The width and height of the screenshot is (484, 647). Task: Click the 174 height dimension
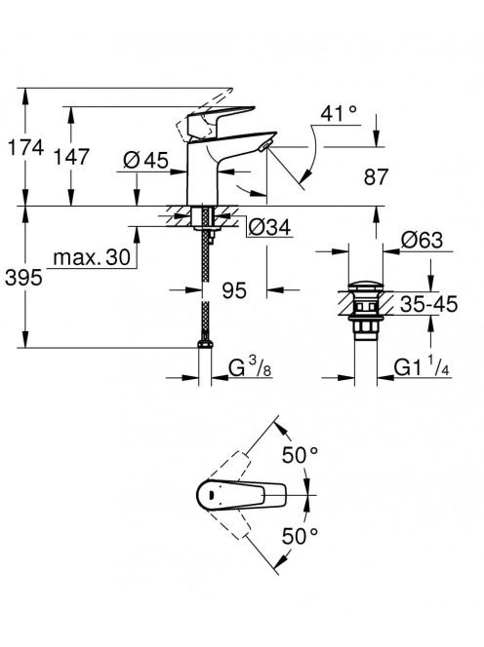click(25, 148)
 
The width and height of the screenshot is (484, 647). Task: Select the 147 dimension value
click(72, 157)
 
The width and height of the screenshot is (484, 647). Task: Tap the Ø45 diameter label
click(145, 160)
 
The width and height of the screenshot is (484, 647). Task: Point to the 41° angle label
click(339, 113)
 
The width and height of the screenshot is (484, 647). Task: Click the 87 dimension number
click(376, 177)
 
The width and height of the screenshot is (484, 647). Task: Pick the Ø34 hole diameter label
click(270, 227)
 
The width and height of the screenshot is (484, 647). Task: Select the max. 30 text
click(92, 258)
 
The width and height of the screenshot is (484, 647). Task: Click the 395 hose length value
click(23, 278)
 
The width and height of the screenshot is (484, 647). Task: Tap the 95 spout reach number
click(234, 290)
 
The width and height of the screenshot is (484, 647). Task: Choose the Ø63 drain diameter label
click(422, 240)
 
